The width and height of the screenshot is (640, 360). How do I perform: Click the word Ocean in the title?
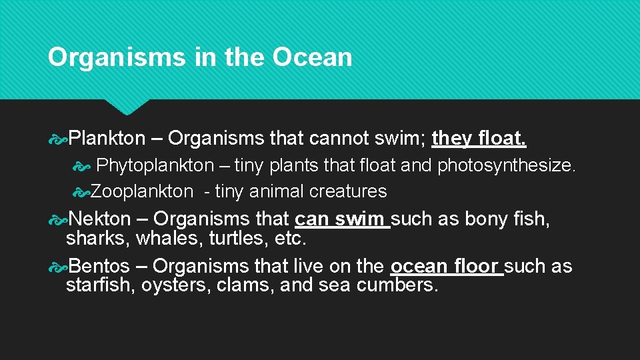point(312,57)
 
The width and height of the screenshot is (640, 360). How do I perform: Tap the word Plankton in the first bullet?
point(107,138)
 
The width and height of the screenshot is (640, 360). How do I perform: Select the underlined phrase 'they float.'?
point(479,138)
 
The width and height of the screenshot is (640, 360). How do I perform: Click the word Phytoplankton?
point(155,165)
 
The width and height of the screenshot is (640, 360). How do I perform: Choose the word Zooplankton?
point(141,191)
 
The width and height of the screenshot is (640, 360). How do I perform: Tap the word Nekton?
point(100,219)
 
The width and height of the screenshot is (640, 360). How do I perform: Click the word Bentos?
point(99,266)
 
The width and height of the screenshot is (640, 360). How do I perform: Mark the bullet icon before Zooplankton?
point(81,192)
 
